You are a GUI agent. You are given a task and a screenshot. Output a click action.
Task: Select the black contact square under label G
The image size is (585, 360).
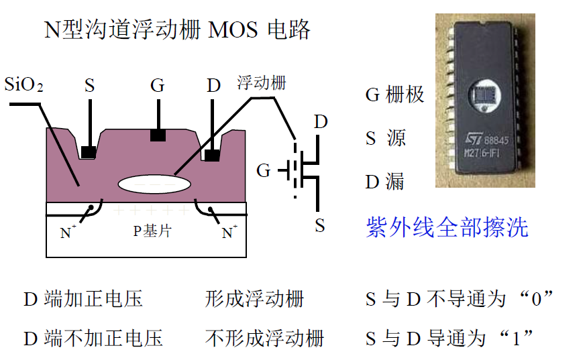158,135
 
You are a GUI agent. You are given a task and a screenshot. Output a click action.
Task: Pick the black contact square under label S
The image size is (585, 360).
88,152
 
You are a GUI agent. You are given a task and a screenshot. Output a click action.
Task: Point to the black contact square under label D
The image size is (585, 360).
213,155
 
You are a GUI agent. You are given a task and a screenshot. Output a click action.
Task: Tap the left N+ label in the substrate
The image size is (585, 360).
68,233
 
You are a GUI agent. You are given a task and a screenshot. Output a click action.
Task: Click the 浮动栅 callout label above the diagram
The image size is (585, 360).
262,83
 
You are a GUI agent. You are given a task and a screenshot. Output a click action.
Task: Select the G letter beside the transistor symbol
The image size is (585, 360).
264,171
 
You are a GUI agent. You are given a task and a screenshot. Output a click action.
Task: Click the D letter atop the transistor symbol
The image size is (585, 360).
321,122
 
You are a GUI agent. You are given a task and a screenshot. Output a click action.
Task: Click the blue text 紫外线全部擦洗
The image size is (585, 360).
447,227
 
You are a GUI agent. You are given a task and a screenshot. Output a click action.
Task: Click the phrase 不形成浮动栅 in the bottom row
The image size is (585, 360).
264,338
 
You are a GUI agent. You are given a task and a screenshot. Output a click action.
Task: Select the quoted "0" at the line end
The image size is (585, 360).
536,299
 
